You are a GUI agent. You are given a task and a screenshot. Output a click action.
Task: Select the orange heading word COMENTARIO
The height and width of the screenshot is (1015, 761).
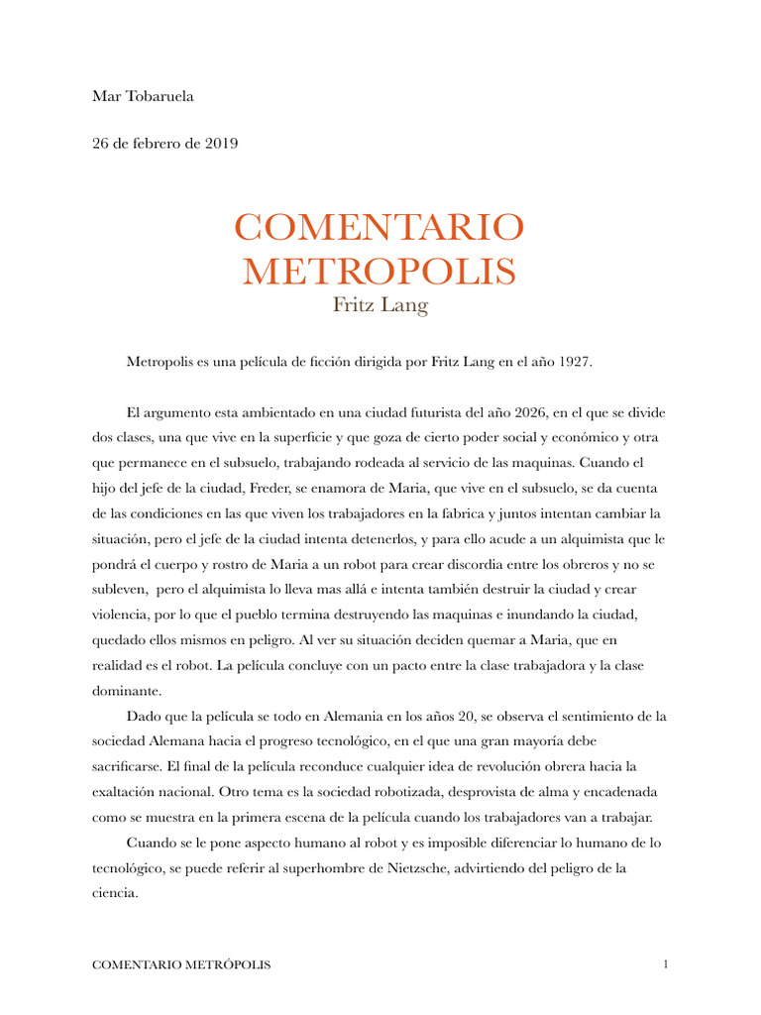380,228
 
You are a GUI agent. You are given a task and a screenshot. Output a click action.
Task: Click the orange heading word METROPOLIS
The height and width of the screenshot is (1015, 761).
380,271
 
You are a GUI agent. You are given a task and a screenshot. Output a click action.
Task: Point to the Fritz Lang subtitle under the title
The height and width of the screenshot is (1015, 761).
380,305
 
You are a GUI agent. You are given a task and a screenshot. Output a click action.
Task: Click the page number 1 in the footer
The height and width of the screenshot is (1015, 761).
667,964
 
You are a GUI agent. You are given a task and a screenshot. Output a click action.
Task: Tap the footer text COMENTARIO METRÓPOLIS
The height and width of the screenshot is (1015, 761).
180,964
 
